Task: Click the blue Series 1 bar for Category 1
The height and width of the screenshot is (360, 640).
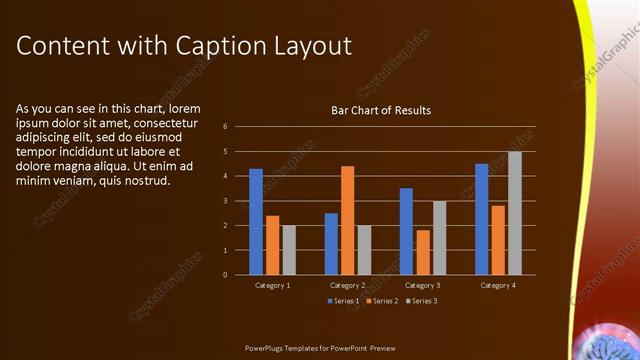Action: tap(256, 221)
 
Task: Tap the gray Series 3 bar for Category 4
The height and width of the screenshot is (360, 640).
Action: tap(514, 213)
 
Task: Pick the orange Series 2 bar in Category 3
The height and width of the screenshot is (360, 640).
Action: tap(423, 252)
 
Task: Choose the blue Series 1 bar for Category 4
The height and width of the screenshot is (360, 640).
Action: tap(481, 219)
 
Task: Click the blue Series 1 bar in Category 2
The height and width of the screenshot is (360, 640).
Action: tap(331, 243)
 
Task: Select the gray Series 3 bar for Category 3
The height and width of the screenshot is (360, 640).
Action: tap(440, 237)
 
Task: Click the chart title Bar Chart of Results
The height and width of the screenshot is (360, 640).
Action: tap(381, 110)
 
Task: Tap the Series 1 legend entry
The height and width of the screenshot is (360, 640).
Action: tap(345, 300)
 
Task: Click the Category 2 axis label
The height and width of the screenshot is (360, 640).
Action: tap(347, 285)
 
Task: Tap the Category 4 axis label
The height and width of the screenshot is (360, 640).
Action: tap(497, 285)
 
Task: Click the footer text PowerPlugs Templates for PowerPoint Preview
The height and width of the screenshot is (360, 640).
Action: tap(321, 348)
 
